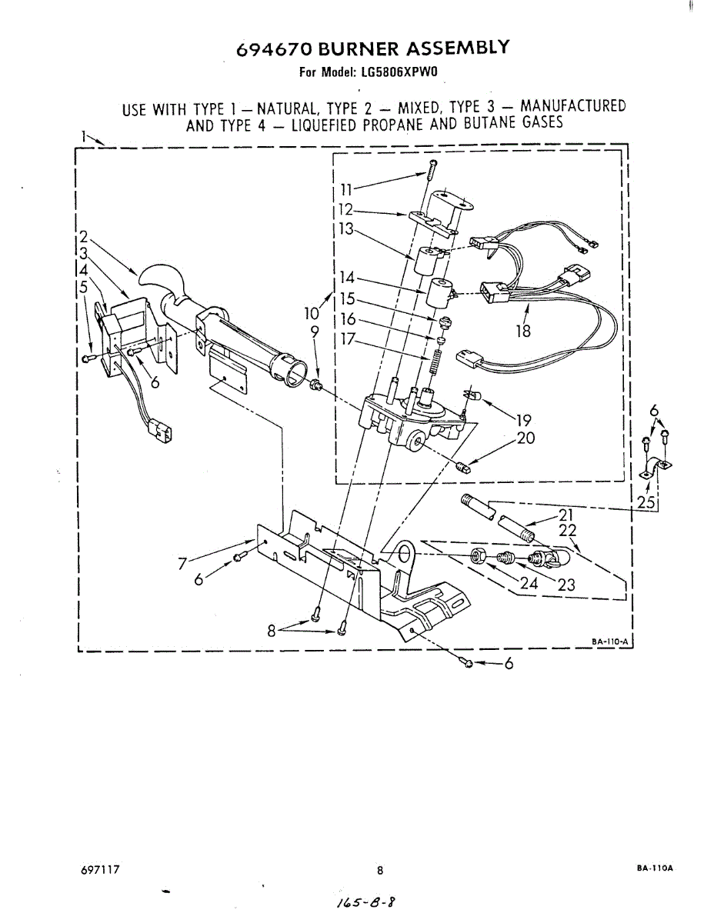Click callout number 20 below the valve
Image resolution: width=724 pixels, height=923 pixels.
[x=526, y=439]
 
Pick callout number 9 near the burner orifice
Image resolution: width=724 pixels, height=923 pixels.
[x=314, y=332]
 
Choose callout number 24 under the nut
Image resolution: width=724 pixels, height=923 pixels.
[x=529, y=583]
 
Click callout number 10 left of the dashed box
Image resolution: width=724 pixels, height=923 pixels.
[x=311, y=313]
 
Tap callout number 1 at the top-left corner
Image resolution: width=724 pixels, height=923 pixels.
[x=83, y=136]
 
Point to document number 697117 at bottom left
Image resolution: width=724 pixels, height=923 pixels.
[x=98, y=870]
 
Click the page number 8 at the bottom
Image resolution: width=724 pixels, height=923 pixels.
[x=379, y=871]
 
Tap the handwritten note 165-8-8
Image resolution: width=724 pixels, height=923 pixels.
[x=369, y=901]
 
